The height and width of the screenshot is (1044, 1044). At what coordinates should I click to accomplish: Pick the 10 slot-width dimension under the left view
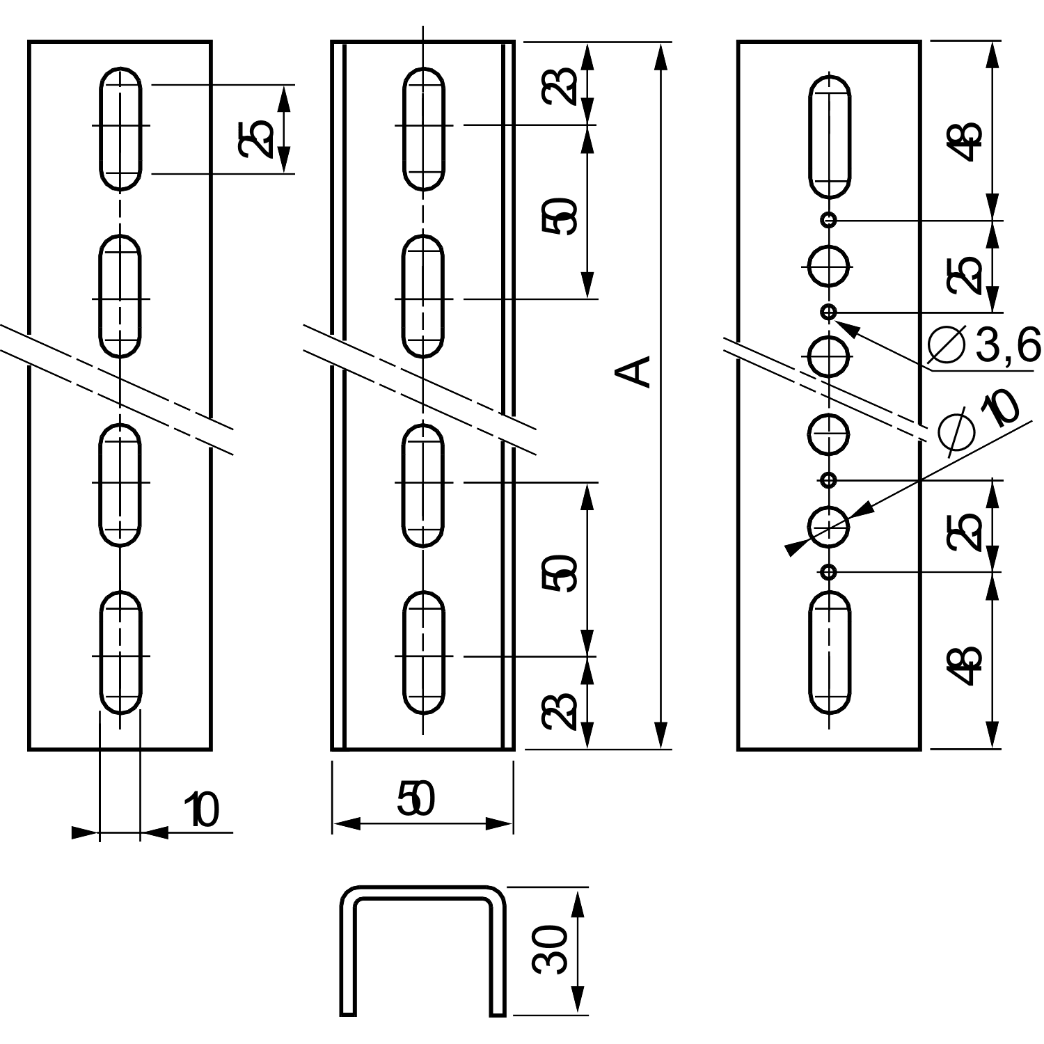(202, 810)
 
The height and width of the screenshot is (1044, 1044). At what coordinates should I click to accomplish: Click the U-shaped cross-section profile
(423, 950)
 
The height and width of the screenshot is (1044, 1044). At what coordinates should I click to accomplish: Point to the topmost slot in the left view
(121, 128)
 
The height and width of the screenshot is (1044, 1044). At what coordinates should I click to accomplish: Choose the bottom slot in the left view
(121, 652)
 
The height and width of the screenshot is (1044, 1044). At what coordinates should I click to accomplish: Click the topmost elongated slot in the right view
(830, 136)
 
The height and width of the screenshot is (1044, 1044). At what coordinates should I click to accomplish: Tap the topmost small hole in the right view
(828, 220)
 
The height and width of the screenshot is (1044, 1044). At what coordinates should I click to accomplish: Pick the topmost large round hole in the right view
(828, 265)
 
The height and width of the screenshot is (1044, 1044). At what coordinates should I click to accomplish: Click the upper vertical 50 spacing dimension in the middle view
(562, 215)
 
